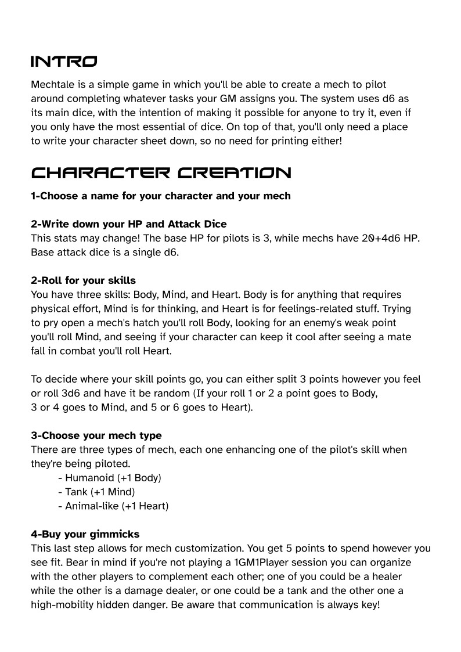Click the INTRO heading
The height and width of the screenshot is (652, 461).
tap(64, 62)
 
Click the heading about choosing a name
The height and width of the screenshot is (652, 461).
tap(161, 196)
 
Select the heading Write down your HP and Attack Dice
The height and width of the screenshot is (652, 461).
tap(129, 224)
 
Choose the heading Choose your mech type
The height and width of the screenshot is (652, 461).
tap(96, 435)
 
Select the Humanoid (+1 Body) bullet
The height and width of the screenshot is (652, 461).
tap(110, 478)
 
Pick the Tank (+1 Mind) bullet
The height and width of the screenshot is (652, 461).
tap(96, 492)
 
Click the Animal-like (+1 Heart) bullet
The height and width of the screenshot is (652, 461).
tap(113, 506)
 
